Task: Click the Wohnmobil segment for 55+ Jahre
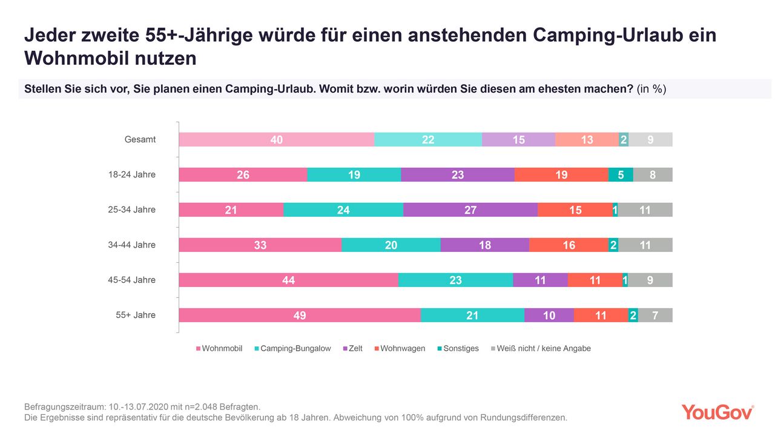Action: coord(300,315)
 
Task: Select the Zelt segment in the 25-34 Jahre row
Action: coord(470,210)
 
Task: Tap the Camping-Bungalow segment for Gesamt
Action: coord(428,139)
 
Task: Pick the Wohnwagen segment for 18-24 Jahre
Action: coord(561,174)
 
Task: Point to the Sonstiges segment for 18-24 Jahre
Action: coord(621,174)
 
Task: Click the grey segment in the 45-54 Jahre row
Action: coord(650,280)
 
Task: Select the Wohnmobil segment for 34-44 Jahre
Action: coord(260,245)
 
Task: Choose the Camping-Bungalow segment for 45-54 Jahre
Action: coord(455,280)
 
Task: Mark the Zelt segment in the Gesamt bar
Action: coord(518,139)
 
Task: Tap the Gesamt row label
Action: coord(140,139)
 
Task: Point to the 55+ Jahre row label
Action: coord(136,315)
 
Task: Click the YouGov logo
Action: coord(717,412)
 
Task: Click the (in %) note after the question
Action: coord(651,89)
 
